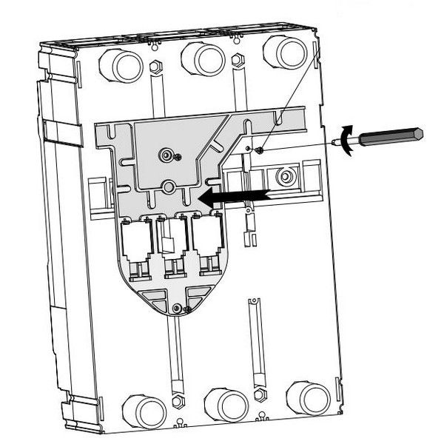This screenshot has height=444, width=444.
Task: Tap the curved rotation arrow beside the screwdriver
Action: coord(344,141)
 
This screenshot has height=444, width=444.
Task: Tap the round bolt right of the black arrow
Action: coord(283,178)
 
